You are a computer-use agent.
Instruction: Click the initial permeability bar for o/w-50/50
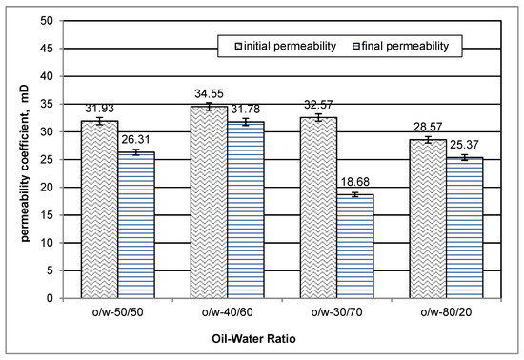100,210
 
